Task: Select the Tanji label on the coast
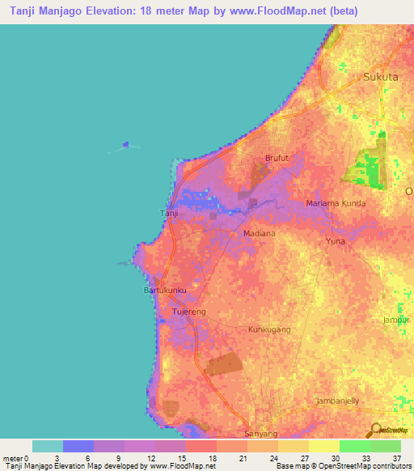tap(168, 214)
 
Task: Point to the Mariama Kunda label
tap(336, 203)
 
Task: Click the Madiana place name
tap(260, 233)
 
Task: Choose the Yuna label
tap(335, 241)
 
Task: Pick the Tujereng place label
tap(192, 311)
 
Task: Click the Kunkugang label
tap(268, 330)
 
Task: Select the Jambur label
tap(398, 320)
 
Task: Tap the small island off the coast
tap(125, 146)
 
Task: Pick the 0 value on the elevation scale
tap(25, 458)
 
